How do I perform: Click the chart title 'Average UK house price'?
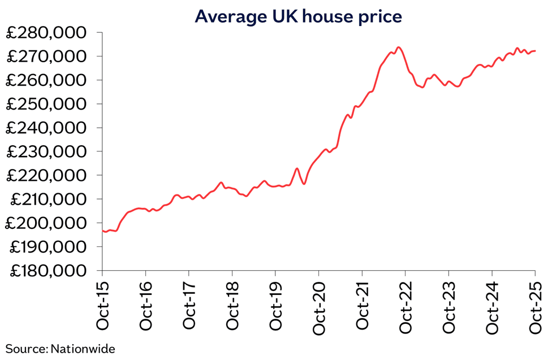tap(298, 16)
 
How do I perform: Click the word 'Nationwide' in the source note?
tap(83, 349)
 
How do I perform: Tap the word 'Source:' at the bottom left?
tap(26, 349)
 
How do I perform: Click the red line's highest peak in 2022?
tap(399, 47)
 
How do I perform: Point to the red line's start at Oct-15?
tap(102, 231)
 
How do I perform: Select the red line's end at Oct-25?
tap(535, 51)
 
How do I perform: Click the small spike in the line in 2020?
tap(297, 168)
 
